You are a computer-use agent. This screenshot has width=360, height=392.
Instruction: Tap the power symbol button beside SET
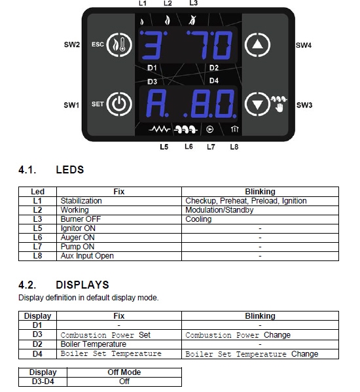(x=119, y=104)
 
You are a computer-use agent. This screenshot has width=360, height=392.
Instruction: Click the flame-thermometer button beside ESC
(x=119, y=45)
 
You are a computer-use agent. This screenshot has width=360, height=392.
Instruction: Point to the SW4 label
(x=304, y=45)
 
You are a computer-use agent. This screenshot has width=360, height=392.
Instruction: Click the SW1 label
(x=71, y=105)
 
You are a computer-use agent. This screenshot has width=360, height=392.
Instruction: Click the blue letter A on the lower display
(x=156, y=103)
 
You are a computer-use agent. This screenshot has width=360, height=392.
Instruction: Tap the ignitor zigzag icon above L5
(x=159, y=130)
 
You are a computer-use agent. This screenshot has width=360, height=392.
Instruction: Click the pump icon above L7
(x=209, y=130)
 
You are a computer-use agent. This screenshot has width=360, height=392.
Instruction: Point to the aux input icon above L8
(x=234, y=129)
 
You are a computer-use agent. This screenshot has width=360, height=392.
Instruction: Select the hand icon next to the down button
(x=279, y=108)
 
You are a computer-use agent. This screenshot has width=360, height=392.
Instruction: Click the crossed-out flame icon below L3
(x=192, y=20)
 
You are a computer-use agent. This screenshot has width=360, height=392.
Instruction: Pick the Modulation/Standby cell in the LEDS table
(x=260, y=210)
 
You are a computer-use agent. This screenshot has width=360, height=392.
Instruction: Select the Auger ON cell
(x=119, y=238)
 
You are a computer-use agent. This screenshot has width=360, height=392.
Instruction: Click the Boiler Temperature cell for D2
(x=119, y=344)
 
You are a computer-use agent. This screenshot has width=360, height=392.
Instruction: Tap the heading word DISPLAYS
(x=82, y=285)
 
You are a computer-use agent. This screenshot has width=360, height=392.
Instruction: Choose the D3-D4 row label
(x=43, y=382)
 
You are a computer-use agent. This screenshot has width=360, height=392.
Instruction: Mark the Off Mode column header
(x=124, y=372)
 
